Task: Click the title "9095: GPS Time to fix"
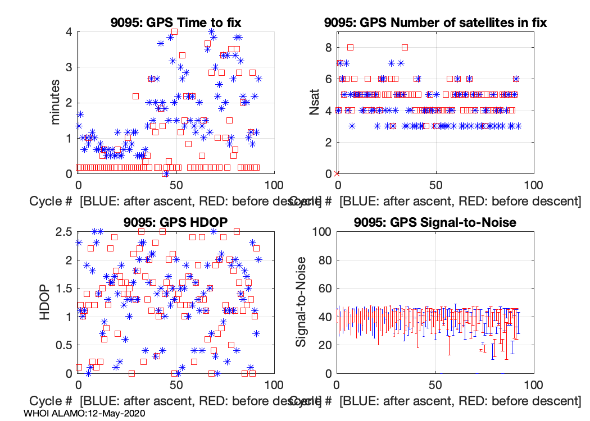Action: [176, 23]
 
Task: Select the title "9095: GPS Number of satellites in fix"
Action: [435, 23]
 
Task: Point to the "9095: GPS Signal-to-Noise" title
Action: [435, 222]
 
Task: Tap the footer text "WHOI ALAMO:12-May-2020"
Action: [85, 414]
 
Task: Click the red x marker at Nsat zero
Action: [337, 173]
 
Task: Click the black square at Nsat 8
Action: [405, 47]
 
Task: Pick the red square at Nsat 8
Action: [350, 47]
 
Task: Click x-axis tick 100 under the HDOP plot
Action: [274, 386]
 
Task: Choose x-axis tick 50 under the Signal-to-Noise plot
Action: [435, 386]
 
